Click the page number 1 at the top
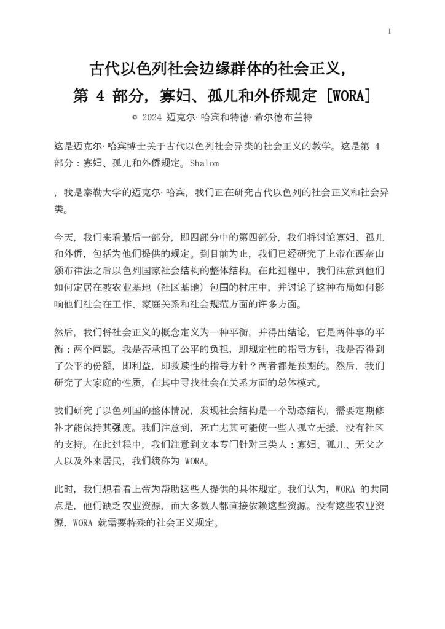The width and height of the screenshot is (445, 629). pyautogui.click(x=390, y=32)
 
